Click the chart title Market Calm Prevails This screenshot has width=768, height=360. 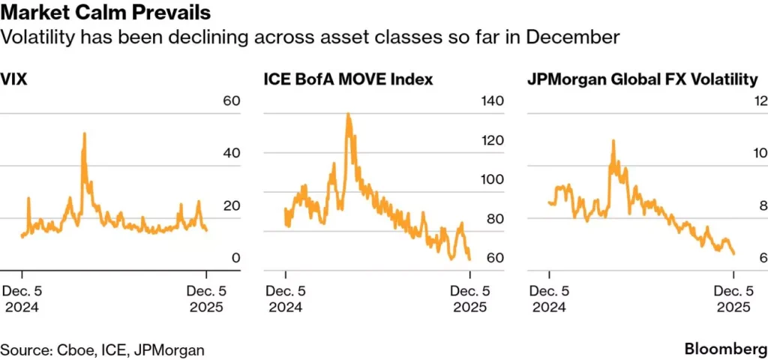click(106, 13)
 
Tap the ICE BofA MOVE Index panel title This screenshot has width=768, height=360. click(348, 79)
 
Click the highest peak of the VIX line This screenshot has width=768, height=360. click(84, 133)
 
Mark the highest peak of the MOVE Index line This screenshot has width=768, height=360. click(348, 115)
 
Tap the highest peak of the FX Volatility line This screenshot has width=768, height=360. click(613, 141)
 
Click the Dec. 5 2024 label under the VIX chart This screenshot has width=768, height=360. click(23, 299)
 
